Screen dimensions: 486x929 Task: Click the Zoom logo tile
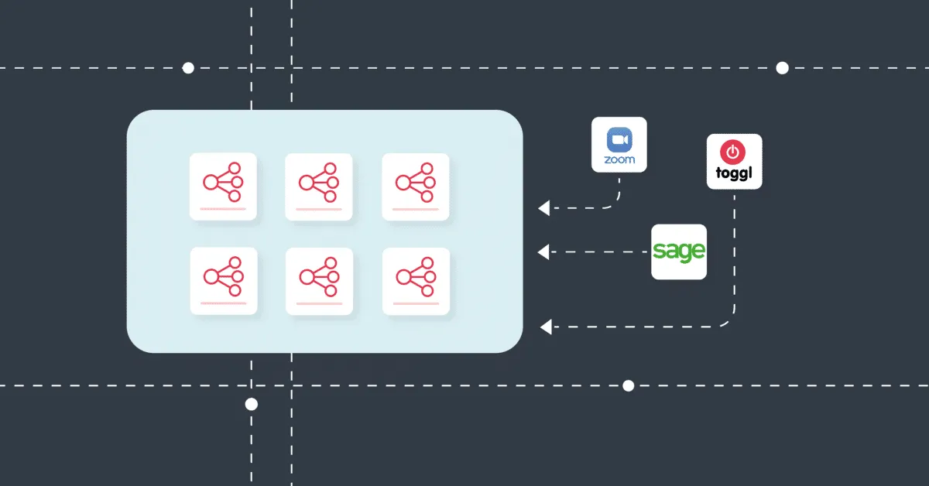[x=619, y=145]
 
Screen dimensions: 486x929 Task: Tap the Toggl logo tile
[x=734, y=162]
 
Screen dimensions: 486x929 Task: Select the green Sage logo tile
[x=678, y=252]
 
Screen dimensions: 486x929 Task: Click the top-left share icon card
[x=223, y=187]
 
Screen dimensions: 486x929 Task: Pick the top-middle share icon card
[x=319, y=187]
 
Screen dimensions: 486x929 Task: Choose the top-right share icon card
[x=416, y=187]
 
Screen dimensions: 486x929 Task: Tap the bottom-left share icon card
[x=223, y=280]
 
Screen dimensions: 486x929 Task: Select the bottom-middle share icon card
[x=319, y=280]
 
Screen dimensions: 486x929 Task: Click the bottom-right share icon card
[x=416, y=280]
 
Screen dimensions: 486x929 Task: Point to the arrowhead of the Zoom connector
[x=544, y=207]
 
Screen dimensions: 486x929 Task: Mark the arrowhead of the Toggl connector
[x=546, y=327]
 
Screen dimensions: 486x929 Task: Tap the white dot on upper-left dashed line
[x=188, y=68]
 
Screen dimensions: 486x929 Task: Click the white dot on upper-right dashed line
[x=782, y=68]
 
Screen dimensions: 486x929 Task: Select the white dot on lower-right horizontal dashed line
[x=628, y=385]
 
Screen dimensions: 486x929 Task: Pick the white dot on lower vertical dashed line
[x=251, y=404]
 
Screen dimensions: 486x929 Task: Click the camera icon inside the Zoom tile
[x=619, y=139]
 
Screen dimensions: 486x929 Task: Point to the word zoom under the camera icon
[x=619, y=160]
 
